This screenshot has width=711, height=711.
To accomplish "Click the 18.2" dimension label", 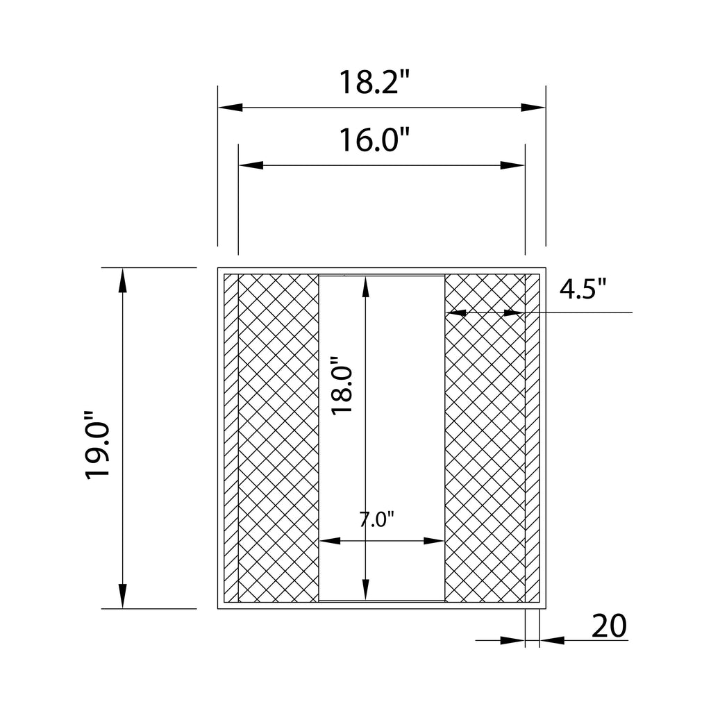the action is click(374, 82).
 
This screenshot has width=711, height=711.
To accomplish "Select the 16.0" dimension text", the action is click(374, 140).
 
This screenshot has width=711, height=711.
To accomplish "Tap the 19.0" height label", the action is click(97, 445).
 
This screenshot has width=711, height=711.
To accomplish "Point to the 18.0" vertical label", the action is click(342, 385).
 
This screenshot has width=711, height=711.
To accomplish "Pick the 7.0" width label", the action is click(377, 519).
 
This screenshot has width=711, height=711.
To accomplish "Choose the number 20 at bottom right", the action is click(609, 626).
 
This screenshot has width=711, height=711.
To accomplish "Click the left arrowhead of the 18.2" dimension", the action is click(231, 108).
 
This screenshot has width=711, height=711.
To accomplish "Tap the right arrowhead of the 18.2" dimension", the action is click(533, 108).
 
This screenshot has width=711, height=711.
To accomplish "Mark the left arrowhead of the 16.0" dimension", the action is click(251, 165).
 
